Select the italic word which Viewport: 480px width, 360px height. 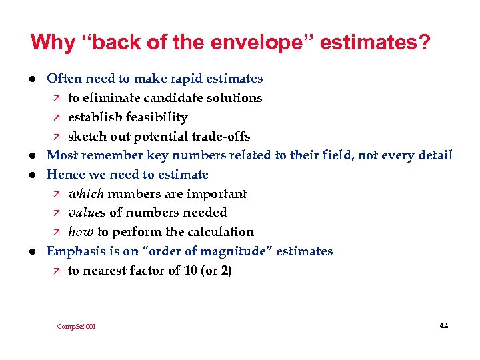point(86,194)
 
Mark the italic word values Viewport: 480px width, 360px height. point(87,213)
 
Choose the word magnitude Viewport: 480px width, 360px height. point(238,251)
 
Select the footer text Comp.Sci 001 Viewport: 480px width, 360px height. point(77,327)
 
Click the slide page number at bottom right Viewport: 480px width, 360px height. point(444,326)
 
